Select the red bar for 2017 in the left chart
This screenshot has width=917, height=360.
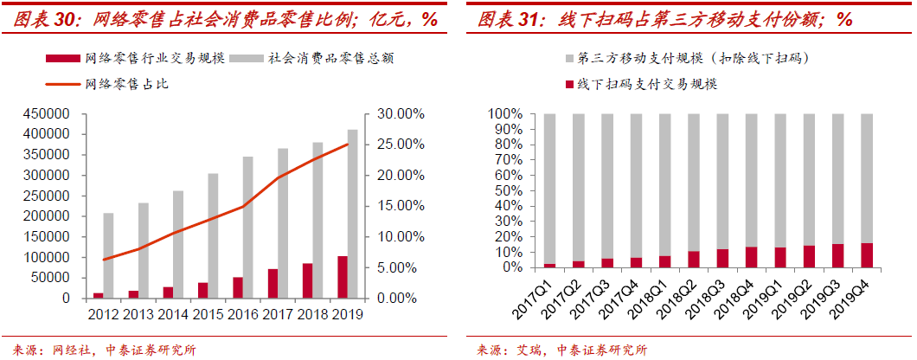[273, 284]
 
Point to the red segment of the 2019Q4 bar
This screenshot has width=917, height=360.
[867, 255]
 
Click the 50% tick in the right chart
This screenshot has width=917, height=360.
[508, 190]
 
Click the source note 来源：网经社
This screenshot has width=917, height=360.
[42, 350]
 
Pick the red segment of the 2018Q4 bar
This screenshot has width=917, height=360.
[751, 257]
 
